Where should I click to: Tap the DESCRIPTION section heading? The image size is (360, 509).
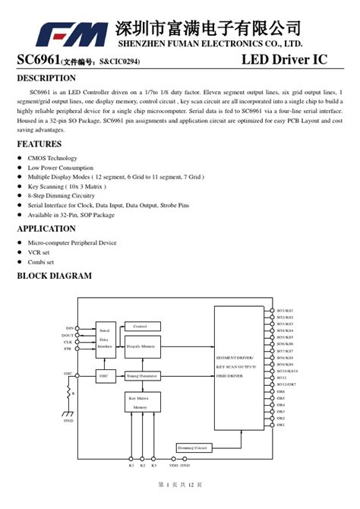(46, 78)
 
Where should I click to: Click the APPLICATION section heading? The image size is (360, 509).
(46, 229)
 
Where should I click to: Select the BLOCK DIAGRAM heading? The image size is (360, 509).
(54, 276)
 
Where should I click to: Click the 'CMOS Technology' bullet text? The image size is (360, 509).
(52, 158)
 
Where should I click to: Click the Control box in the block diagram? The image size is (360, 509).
(141, 326)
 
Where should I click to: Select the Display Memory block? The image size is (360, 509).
(142, 346)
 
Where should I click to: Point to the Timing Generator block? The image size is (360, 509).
(142, 375)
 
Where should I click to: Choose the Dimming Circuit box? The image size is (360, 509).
(193, 448)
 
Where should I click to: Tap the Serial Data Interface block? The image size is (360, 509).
(104, 339)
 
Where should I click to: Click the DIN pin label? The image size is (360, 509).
(68, 328)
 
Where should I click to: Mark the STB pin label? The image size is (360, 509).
(68, 349)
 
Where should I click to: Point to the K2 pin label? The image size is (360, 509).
(143, 465)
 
